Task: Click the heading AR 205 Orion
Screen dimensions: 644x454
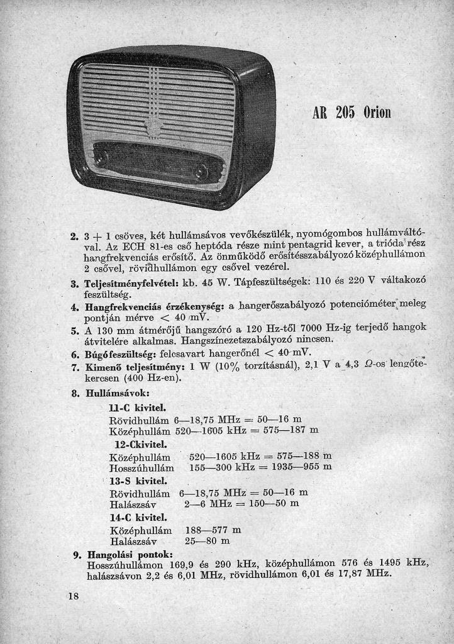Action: pos(352,113)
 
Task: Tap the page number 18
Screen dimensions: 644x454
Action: pos(74,596)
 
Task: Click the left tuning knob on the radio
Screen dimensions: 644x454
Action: pos(101,158)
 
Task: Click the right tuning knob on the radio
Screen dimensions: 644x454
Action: pos(201,171)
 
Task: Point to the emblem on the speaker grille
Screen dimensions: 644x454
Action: pos(153,128)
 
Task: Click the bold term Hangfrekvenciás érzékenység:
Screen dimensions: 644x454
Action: pos(155,306)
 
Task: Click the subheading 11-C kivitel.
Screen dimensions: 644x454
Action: pos(137,408)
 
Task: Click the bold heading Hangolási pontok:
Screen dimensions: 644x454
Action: pos(130,555)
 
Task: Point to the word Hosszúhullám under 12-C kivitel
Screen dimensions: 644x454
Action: pos(141,467)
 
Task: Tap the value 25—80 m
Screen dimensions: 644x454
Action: pos(208,541)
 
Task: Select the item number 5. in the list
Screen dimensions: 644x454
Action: pos(75,330)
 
